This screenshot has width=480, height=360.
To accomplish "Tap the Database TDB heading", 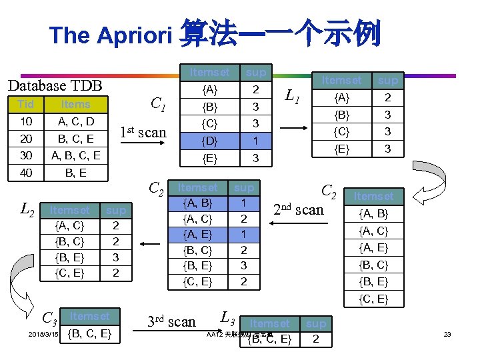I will (54, 85).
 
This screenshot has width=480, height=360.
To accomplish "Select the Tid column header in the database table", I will (26, 105).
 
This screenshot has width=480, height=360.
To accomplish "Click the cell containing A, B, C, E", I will (76, 156).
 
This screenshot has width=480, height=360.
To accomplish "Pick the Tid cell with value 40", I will (26, 173).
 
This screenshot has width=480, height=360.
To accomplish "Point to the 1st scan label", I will (143, 132).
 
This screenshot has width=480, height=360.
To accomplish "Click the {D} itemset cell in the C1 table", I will (209, 141).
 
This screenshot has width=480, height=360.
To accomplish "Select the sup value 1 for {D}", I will (255, 141).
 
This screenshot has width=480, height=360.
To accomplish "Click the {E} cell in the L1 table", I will (341, 149).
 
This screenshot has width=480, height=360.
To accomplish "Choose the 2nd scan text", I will (299, 209).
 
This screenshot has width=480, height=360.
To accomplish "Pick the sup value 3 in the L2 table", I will (115, 257).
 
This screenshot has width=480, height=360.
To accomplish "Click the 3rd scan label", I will (172, 322).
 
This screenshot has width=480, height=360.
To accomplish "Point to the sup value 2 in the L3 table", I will (315, 339).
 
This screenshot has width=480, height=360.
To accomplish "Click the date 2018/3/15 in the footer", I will (45, 333).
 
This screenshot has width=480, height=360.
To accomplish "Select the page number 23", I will (447, 333).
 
